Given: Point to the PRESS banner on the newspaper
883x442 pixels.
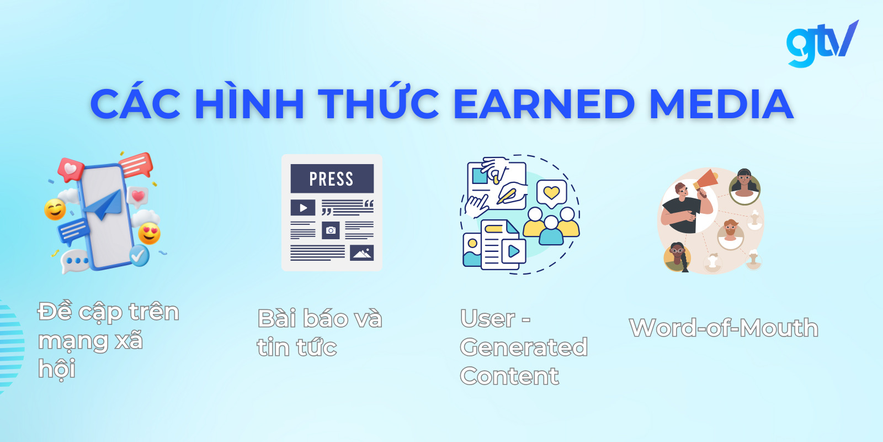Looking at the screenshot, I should tap(332, 179).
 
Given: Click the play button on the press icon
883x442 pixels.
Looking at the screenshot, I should tap(303, 208).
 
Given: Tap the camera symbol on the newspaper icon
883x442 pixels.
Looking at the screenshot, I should tap(331, 230).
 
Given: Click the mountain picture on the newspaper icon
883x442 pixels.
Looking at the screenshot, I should tap(361, 253).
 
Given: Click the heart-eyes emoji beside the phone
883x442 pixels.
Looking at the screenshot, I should tap(149, 234).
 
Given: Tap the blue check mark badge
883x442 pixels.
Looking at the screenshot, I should tap(139, 255).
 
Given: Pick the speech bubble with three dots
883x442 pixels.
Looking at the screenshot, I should tap(76, 261).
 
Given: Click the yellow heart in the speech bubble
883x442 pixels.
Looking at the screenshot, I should tap(551, 193).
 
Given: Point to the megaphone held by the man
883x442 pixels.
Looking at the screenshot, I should tap(706, 181).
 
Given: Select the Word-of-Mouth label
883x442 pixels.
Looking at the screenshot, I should tap(724, 328).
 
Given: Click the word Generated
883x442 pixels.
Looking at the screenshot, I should tap(523, 348).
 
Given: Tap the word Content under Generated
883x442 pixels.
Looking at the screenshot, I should tap(509, 376).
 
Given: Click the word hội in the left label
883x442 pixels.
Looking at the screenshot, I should tap(57, 369).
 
